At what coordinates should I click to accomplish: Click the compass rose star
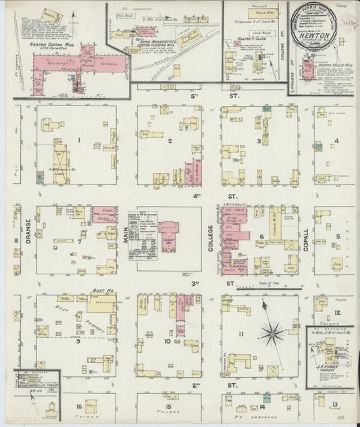click(x=273, y=332)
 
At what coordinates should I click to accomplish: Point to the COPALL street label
click(x=305, y=238)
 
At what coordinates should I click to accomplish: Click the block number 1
click(x=79, y=141)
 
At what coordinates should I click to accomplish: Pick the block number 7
click(x=79, y=241)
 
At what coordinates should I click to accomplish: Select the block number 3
click(x=259, y=141)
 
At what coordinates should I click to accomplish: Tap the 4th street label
click(x=196, y=196)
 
